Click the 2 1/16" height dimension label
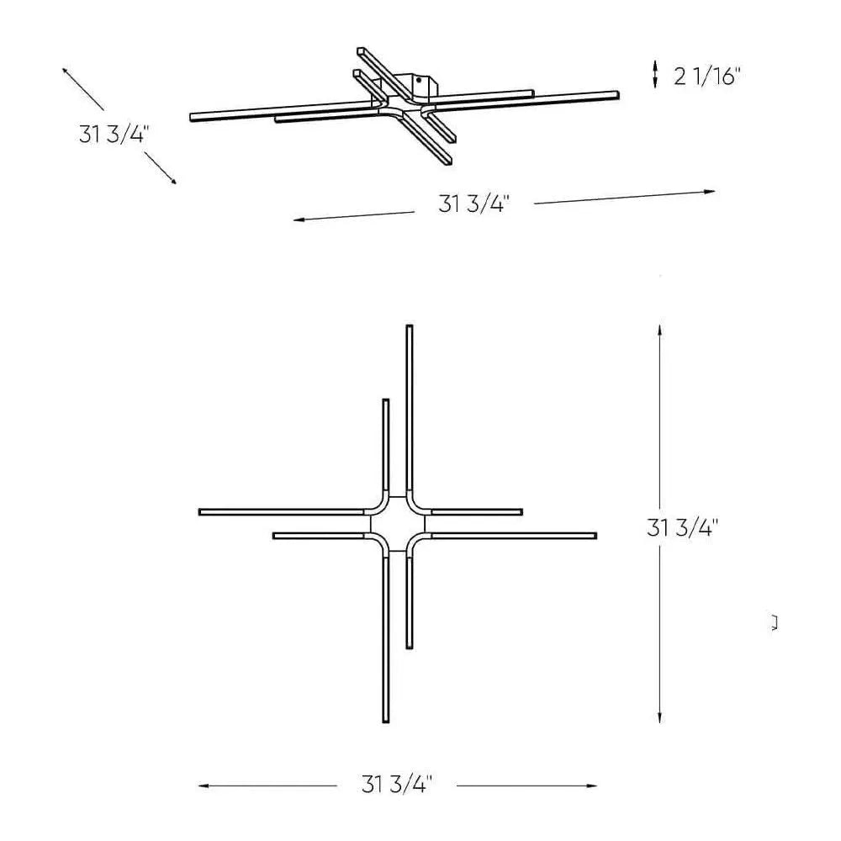(706, 77)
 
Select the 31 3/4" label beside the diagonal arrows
(114, 134)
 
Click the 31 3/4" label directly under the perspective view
(473, 204)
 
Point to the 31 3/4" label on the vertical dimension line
(682, 529)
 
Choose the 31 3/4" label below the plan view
(396, 785)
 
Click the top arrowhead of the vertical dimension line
(660, 329)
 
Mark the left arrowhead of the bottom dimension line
(203, 786)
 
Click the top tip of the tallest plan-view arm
(410, 326)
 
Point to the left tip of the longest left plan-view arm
(200, 511)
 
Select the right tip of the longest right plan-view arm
(595, 535)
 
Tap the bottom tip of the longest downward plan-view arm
(386, 722)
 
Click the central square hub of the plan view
(398, 523)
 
